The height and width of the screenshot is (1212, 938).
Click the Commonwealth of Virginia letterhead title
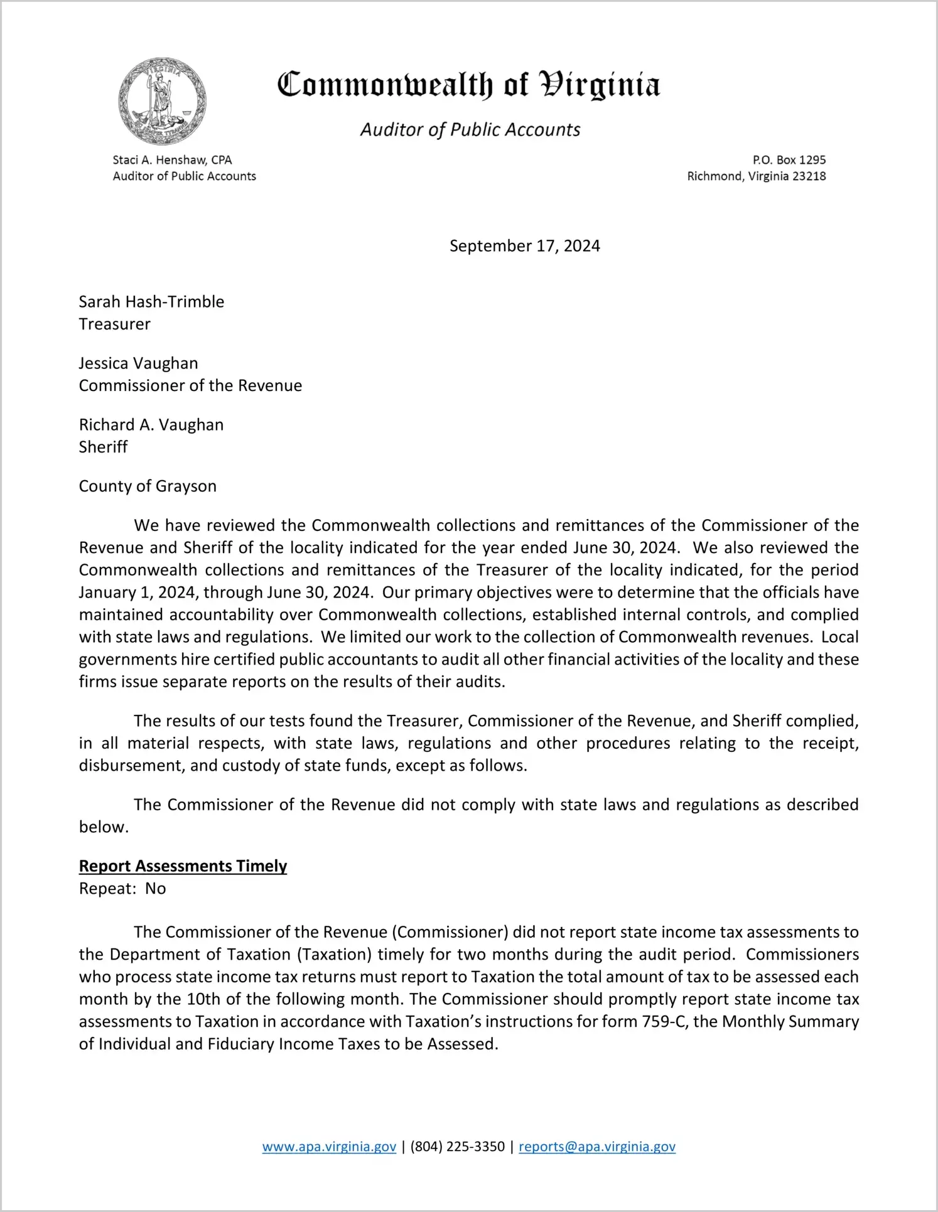click(468, 85)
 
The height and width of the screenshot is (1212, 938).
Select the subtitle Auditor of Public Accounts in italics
click(470, 129)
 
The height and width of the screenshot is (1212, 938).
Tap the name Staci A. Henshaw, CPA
click(172, 160)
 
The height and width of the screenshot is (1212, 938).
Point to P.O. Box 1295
click(789, 160)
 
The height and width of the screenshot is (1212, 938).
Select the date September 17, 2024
click(524, 245)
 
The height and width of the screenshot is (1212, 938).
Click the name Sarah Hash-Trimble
click(151, 302)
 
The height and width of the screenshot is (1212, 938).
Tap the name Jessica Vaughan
click(138, 363)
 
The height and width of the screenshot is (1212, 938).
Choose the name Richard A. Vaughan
click(151, 425)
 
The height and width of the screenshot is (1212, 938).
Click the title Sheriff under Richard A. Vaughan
click(103, 447)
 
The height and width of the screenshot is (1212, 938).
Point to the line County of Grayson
click(148, 486)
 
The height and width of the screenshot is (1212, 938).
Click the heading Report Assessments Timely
click(183, 866)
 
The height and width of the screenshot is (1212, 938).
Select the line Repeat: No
click(122, 889)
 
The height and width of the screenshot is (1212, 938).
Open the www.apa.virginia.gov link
click(329, 1147)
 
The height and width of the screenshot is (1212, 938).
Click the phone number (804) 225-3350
click(457, 1147)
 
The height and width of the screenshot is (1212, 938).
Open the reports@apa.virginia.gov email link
click(596, 1147)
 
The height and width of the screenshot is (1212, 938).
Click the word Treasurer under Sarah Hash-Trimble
click(114, 324)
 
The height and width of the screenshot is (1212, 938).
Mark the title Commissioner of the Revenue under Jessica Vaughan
click(190, 385)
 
